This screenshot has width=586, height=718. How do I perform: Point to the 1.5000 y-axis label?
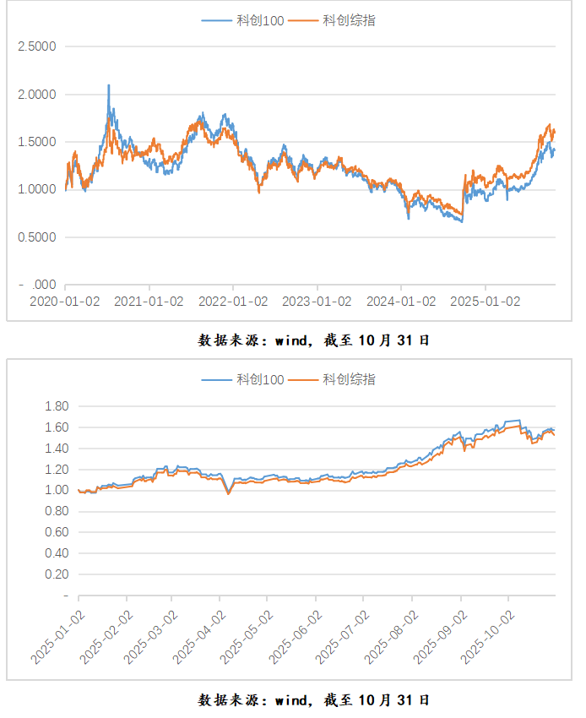pos(37,142)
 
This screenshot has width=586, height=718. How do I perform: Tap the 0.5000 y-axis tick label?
pos(37,237)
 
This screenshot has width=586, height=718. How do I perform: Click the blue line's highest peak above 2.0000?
pos(109,85)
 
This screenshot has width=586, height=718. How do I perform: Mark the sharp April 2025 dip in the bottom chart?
pos(228,493)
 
